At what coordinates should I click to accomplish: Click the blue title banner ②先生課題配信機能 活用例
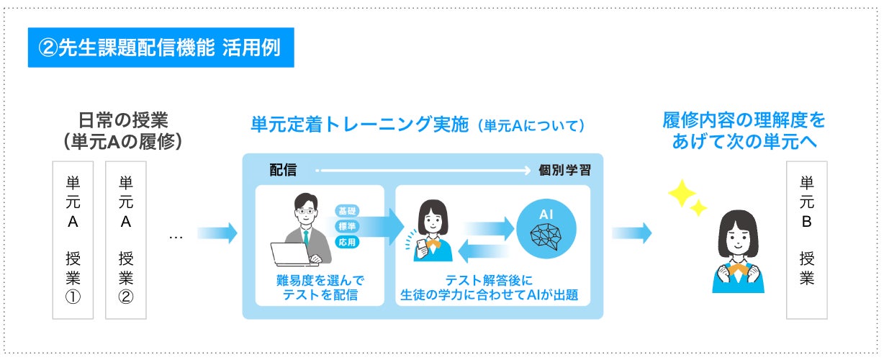161,48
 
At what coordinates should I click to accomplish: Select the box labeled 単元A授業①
73,240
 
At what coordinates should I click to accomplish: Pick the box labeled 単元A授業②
126,240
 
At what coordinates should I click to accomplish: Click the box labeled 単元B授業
806,240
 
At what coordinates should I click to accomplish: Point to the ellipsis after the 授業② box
175,235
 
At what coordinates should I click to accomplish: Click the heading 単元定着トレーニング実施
358,125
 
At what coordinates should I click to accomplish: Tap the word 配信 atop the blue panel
283,171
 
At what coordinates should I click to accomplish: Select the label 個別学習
565,171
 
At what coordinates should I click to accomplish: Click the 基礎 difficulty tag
347,211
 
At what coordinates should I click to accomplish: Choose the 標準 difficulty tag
347,226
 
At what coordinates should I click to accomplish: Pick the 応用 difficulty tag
347,242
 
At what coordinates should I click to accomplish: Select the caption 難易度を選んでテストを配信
320,287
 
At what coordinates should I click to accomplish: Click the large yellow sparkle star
680,193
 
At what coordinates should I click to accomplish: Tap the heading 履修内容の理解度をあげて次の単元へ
744,130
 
